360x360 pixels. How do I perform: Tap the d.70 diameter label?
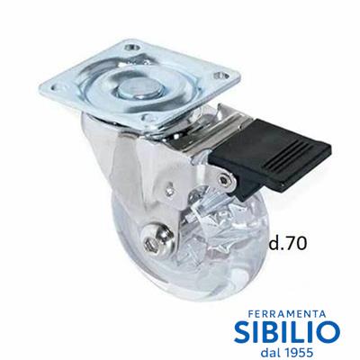pos(287,243)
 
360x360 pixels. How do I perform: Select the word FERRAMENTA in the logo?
pos(287,314)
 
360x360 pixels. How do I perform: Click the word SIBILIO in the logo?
pos(287,332)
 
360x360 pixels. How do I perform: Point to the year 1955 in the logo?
pos(297,352)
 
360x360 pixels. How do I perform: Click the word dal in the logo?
pos(270,352)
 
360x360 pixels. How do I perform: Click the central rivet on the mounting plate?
pos(139,88)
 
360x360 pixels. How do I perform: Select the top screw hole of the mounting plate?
pos(133,47)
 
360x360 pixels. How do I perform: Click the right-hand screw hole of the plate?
pos(220,75)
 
